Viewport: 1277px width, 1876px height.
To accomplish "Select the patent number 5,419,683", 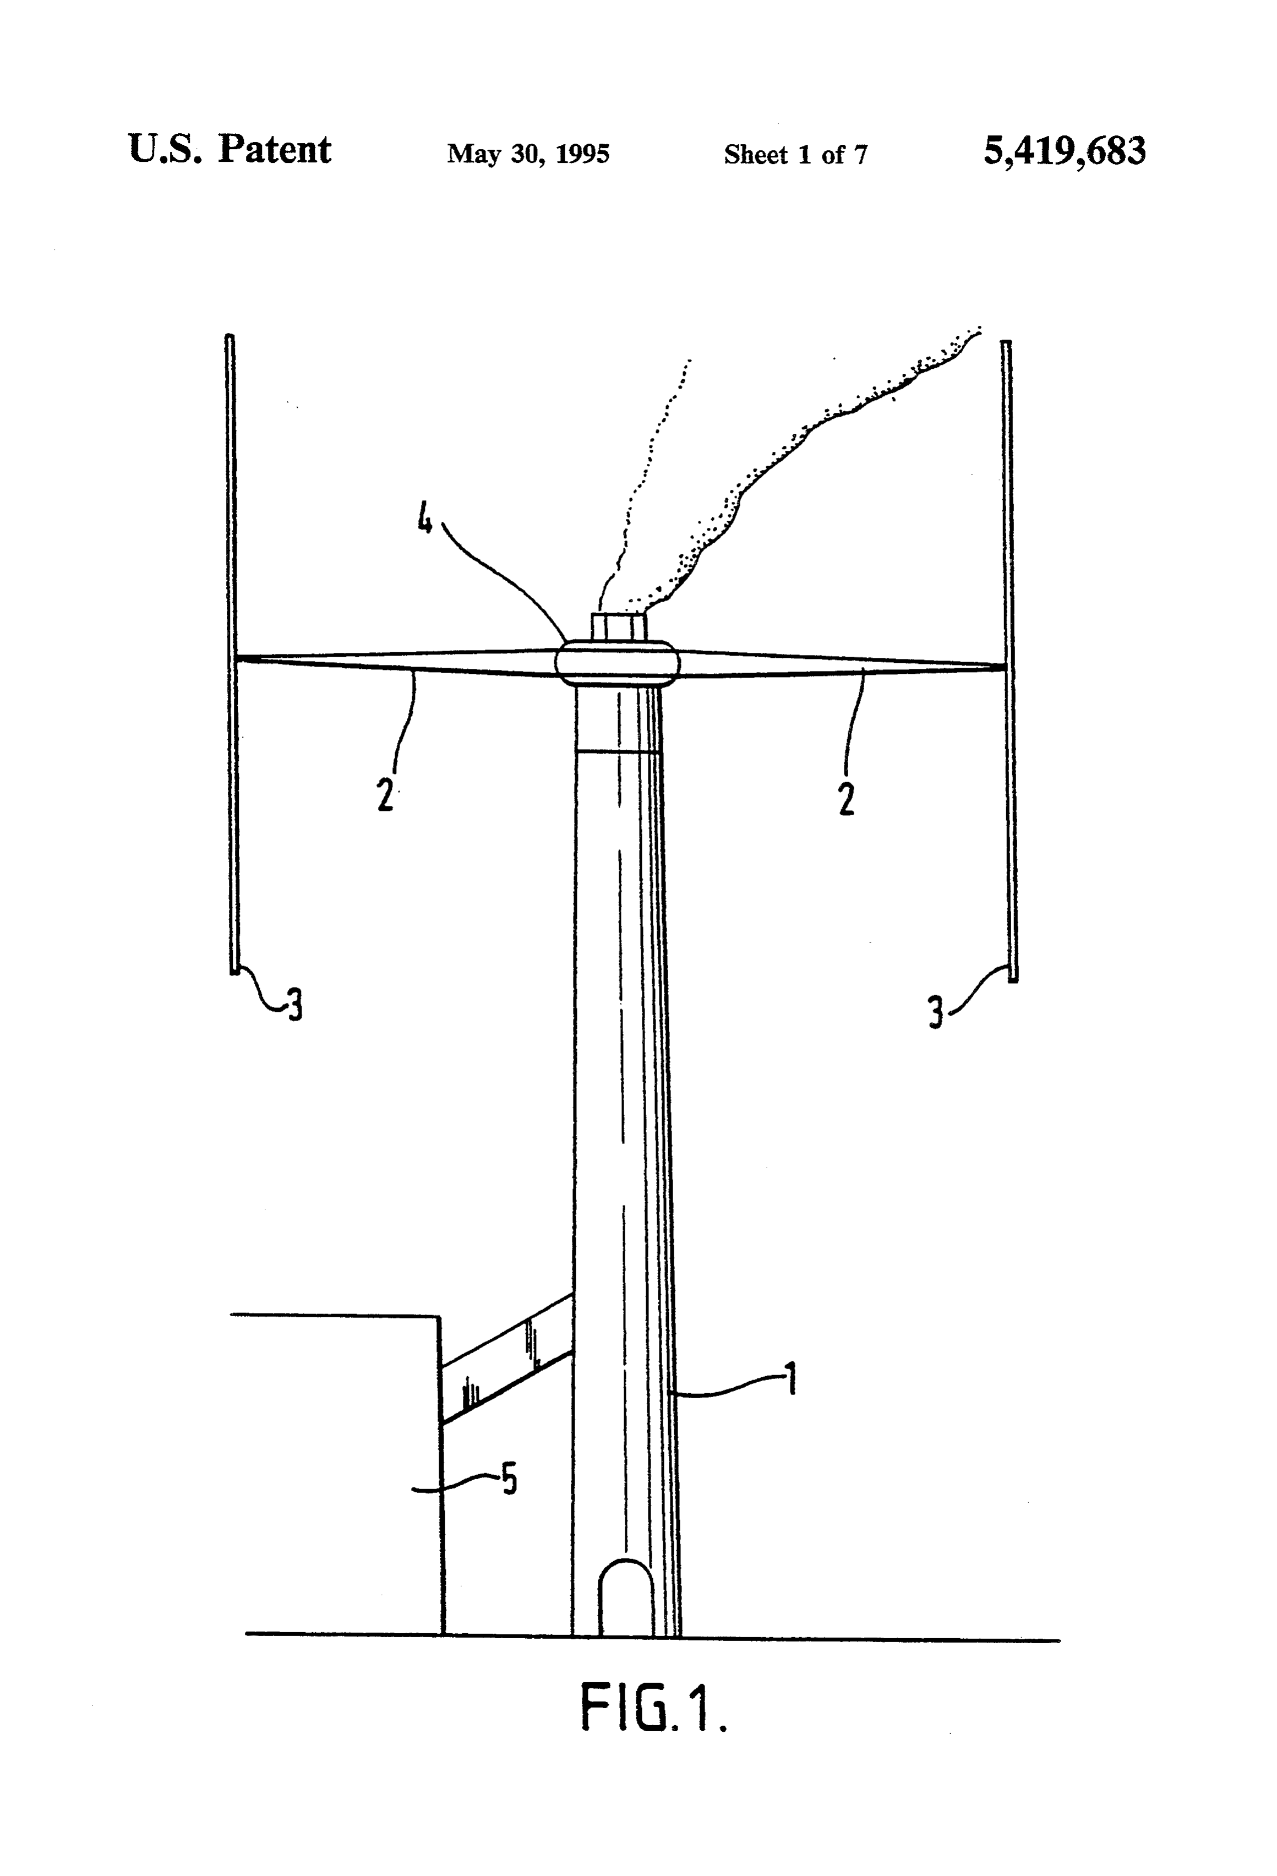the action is tap(1064, 151).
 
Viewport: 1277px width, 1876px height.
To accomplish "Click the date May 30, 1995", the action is tap(528, 154).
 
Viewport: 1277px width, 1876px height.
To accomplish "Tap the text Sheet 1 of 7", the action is tap(795, 154).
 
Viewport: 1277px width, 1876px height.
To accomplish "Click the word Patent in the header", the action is tap(275, 149).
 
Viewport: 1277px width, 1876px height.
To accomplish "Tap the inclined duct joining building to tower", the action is tap(506, 1357).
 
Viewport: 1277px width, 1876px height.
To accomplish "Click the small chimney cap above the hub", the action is tap(619, 626).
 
